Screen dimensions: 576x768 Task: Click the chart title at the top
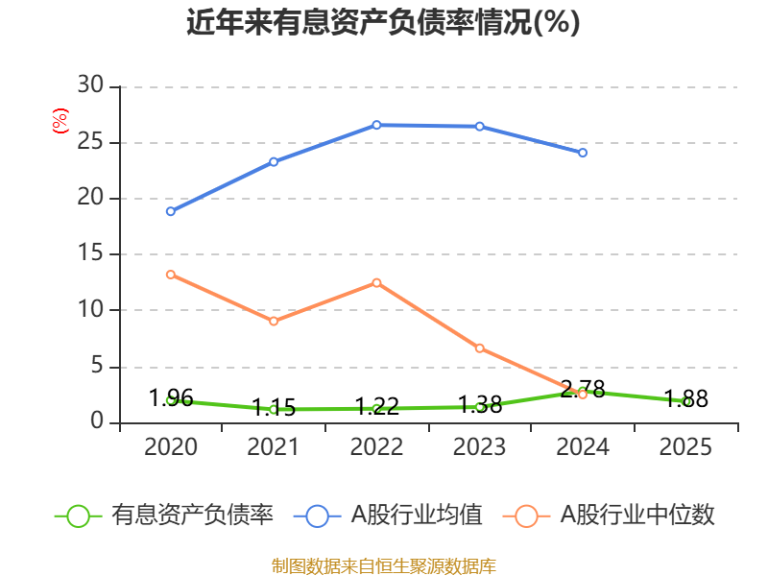click(x=383, y=22)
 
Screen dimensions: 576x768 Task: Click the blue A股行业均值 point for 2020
click(x=170, y=211)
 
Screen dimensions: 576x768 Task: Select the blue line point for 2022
click(x=376, y=125)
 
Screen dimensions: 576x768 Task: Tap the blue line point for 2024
click(x=583, y=153)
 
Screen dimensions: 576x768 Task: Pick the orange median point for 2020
click(x=170, y=275)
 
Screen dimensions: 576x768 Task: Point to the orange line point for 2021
click(x=274, y=321)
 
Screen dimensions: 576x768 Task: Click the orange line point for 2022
click(x=376, y=282)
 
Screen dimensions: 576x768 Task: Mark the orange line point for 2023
click(x=480, y=348)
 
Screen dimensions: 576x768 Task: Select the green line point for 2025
click(x=686, y=401)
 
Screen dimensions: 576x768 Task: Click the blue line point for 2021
click(x=274, y=161)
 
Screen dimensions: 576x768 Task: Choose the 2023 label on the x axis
click(x=480, y=447)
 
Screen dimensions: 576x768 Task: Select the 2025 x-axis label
click(x=686, y=447)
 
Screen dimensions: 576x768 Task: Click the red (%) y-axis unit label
click(x=60, y=122)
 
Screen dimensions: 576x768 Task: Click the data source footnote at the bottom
click(x=383, y=565)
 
